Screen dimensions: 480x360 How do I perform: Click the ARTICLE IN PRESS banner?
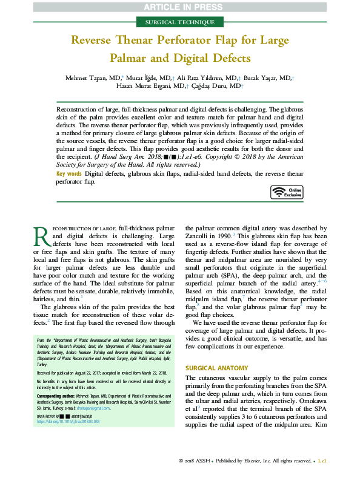click(x=179, y=7)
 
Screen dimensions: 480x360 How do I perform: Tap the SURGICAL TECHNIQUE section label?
click(x=179, y=22)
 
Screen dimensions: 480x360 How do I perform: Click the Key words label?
click(x=68, y=174)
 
